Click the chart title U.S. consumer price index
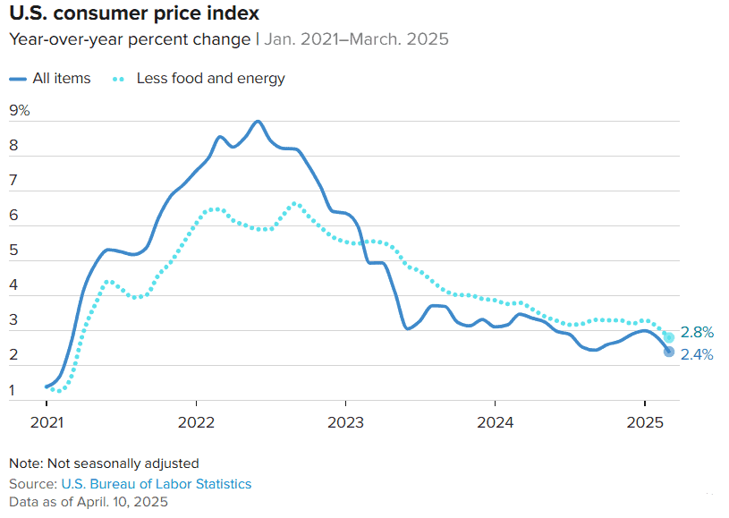click(x=134, y=13)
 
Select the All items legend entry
click(x=61, y=78)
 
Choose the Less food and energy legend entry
click(x=210, y=78)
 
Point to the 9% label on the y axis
click(x=20, y=111)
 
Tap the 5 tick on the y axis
click(x=13, y=251)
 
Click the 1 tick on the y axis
click(x=13, y=390)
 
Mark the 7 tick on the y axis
click(x=13, y=182)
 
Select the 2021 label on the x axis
click(x=47, y=421)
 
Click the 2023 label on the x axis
click(x=345, y=421)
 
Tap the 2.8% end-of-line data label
click(x=697, y=333)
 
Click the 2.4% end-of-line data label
click(x=697, y=354)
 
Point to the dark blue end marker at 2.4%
click(x=669, y=352)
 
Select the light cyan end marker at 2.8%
click(x=669, y=337)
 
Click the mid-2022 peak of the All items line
click(x=258, y=122)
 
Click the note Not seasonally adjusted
click(x=104, y=463)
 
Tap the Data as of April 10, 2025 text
click(x=89, y=502)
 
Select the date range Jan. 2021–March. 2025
click(x=356, y=39)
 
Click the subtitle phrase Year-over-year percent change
click(x=130, y=39)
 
